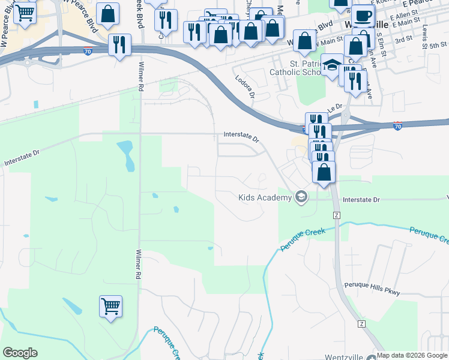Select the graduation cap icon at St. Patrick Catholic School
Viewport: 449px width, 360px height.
(331, 65)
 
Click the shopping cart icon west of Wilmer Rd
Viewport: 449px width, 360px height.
(111, 307)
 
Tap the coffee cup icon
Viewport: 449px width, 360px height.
(363, 16)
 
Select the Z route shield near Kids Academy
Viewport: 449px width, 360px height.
(336, 215)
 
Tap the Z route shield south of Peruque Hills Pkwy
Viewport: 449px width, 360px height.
(361, 324)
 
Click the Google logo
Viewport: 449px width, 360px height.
(20, 353)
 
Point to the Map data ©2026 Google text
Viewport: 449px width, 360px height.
(412, 355)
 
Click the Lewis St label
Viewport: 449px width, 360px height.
(426, 20)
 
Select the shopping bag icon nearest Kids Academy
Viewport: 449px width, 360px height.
(324, 172)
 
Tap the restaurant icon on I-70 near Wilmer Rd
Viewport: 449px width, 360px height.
(119, 44)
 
